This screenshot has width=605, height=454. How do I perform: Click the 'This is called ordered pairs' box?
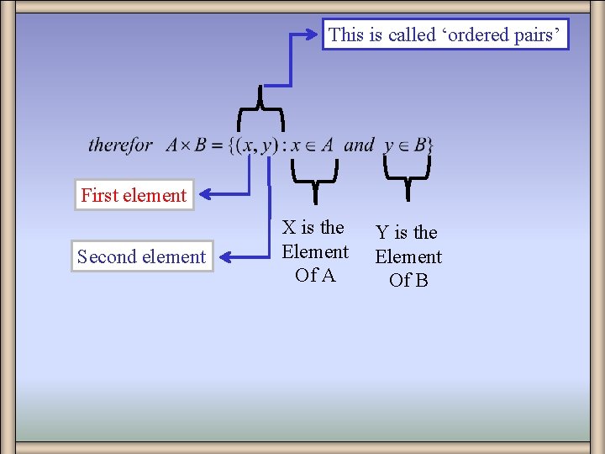point(445,34)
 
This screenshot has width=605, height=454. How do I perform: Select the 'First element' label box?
point(134,195)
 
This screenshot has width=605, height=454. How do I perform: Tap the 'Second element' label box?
point(141,256)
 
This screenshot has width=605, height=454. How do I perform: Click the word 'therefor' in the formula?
point(120,145)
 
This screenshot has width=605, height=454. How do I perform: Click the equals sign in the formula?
point(217,145)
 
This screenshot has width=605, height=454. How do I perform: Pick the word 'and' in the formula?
point(359,145)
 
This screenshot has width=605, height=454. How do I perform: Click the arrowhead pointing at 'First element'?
point(208,194)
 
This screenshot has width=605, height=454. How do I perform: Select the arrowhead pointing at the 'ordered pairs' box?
point(315,35)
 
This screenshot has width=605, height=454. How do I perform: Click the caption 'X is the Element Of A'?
point(315,251)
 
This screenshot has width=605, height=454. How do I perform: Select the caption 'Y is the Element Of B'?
point(408,256)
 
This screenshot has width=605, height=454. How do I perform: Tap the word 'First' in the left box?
point(100,195)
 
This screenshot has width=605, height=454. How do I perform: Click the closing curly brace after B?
point(430,145)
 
